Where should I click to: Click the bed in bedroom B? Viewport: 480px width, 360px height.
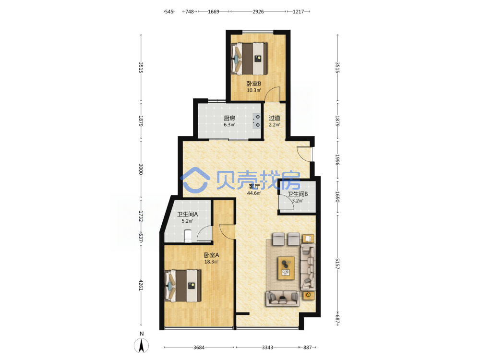(249, 59)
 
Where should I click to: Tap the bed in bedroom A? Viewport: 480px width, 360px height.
(183, 286)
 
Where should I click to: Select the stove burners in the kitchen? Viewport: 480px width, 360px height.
(256, 121)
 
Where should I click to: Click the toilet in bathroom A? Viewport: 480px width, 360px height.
(188, 236)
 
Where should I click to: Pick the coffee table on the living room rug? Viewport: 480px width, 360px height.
(286, 268)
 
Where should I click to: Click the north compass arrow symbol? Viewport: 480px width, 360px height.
(142, 346)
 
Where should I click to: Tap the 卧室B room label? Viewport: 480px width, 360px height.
(254, 84)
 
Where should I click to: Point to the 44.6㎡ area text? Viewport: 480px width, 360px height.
(254, 193)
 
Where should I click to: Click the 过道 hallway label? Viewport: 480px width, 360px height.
(274, 118)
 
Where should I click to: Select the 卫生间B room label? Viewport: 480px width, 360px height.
(298, 194)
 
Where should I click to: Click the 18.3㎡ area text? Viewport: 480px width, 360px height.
(212, 262)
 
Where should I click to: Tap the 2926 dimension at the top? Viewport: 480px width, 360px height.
(258, 12)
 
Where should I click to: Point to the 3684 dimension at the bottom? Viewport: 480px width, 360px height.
(199, 348)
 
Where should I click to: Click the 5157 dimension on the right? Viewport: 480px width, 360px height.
(337, 264)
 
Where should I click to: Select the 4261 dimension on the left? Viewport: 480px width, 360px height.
(141, 285)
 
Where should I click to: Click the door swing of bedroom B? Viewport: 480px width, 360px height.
(273, 94)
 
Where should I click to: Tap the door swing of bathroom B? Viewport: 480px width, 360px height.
(287, 203)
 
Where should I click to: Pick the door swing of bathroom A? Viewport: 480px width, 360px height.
(204, 234)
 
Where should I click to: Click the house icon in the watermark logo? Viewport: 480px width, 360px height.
(195, 180)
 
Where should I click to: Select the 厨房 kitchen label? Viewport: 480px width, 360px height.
(229, 118)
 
